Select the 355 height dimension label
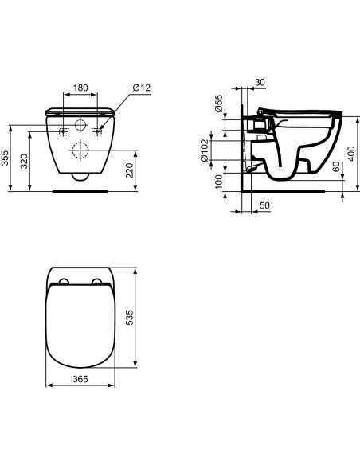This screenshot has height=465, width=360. click(x=6, y=158)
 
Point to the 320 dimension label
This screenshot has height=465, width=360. click(x=25, y=162)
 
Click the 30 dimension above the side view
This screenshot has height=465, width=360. click(x=260, y=81)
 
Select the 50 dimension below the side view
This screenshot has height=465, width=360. click(x=264, y=206)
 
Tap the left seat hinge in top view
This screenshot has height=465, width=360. click(x=60, y=281)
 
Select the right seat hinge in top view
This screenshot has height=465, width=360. click(x=99, y=281)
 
